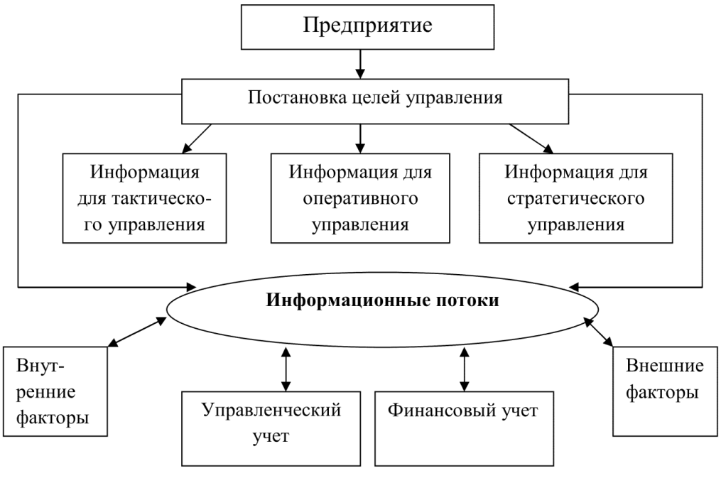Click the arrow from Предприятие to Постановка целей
pos(360,64)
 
